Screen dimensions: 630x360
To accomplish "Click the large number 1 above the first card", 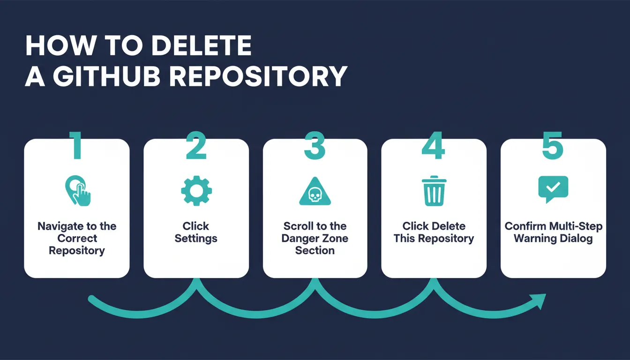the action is tap(76, 145).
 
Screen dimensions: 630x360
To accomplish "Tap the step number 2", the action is tap(196, 145).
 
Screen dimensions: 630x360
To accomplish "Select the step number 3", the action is tap(315, 145).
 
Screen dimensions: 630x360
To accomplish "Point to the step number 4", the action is tap(434, 145).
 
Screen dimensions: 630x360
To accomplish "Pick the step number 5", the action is tap(553, 145).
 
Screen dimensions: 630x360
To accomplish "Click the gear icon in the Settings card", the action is tap(196, 191).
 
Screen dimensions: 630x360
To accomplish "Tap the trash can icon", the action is tap(434, 191).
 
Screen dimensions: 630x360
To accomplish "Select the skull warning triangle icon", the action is tap(315, 191).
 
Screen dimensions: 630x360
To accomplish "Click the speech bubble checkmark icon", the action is tap(553, 189).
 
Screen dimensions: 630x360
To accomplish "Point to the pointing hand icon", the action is tap(78, 191).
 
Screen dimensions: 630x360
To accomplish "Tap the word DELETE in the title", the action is tap(202, 45).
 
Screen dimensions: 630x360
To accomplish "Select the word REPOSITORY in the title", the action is tap(258, 76).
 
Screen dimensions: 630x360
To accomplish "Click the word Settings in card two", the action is tap(196, 239).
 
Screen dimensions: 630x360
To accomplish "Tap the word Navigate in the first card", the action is tap(60, 226).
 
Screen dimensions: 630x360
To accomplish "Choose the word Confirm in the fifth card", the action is tap(525, 226).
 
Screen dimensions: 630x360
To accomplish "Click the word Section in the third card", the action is tap(315, 250).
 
